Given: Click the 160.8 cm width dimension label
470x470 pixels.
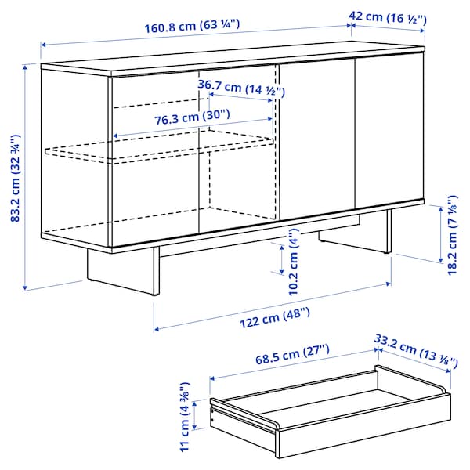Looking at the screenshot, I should (x=191, y=24).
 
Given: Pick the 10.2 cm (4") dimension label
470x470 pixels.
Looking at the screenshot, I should (x=293, y=255).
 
